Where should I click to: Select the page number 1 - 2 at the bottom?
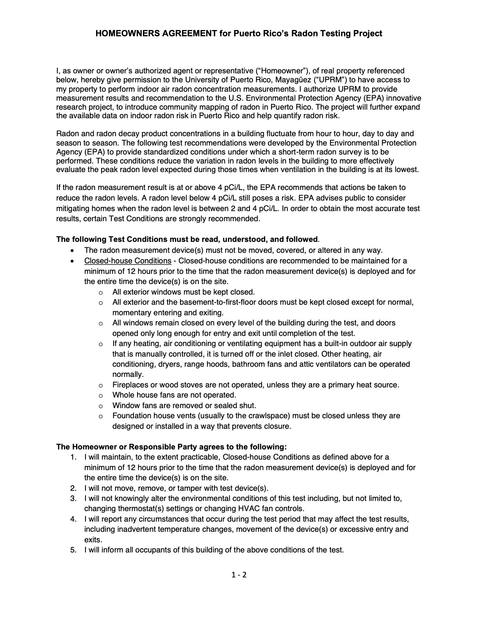coord(239,575)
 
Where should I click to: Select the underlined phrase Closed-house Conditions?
coord(128,261)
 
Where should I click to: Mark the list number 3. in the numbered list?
coord(73,499)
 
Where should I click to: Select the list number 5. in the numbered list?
coord(73,551)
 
